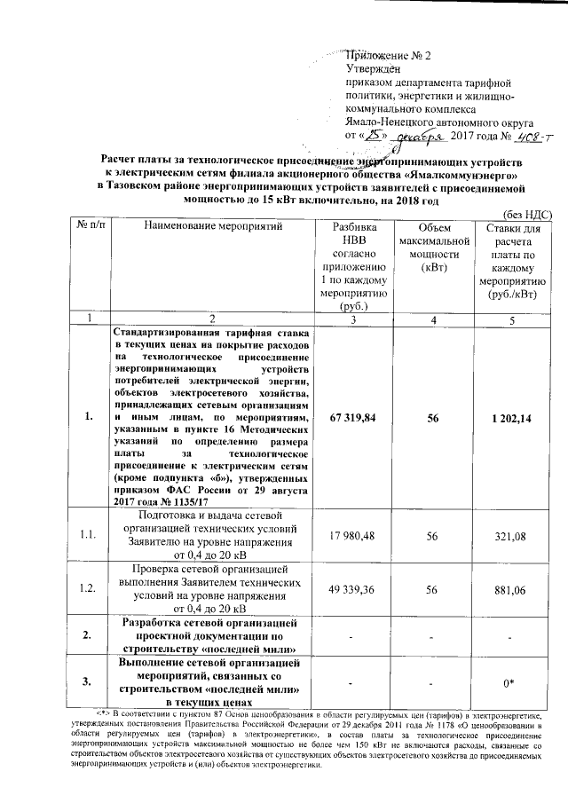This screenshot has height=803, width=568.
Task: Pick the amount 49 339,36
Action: click(354, 587)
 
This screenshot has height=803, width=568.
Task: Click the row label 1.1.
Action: click(87, 535)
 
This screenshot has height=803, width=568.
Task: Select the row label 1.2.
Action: click(87, 587)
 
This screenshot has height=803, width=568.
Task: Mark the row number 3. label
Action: click(87, 681)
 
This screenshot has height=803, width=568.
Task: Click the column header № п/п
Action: click(86, 228)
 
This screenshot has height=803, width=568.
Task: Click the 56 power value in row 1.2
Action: click(432, 587)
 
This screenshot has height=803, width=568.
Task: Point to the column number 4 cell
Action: click(432, 318)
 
